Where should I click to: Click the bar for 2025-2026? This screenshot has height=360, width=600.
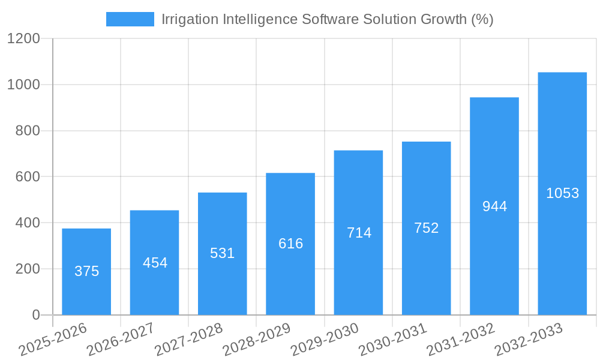tap(86, 271)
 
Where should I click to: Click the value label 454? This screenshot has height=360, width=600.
tap(155, 263)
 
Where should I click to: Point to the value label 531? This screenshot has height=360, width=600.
tap(223, 253)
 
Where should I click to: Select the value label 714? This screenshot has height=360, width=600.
tap(359, 233)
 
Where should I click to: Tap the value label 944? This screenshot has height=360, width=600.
tap(494, 206)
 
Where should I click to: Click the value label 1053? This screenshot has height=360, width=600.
tap(562, 193)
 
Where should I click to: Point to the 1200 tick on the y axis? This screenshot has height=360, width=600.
tap(23, 39)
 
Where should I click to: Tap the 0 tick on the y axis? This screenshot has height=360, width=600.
tap(35, 315)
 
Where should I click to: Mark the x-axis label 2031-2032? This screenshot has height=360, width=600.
tap(461, 339)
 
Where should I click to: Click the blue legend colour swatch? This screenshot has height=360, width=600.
tap(130, 19)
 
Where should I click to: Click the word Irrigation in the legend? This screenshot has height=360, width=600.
tap(191, 19)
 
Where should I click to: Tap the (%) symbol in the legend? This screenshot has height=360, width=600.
tap(482, 19)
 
